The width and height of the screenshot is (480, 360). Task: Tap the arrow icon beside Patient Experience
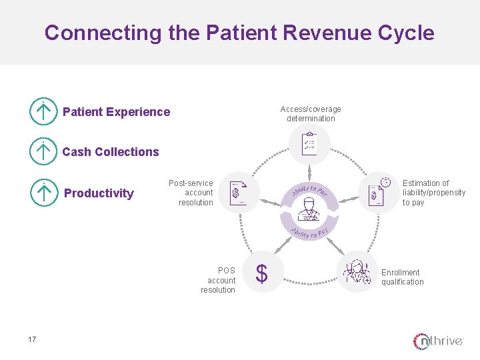coord(43,112)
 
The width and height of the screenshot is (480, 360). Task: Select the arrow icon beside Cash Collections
coord(43,152)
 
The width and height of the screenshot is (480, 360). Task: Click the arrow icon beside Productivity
coord(43,193)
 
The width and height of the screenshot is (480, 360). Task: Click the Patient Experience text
coord(116,112)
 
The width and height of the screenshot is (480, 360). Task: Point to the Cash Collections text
coord(111,152)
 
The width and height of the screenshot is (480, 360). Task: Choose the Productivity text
coord(99,193)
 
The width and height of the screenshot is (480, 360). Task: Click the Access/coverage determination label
coord(311,114)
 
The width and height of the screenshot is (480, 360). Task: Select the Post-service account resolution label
coord(192,193)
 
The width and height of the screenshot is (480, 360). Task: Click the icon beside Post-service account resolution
coord(238,193)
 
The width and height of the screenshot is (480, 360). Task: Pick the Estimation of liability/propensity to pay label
coord(433,193)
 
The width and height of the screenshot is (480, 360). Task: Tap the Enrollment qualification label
coord(402,277)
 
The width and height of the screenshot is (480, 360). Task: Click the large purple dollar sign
coord(262,273)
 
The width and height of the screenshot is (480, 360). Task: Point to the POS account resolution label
coord(219,281)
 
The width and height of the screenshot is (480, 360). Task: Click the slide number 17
coord(32,340)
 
